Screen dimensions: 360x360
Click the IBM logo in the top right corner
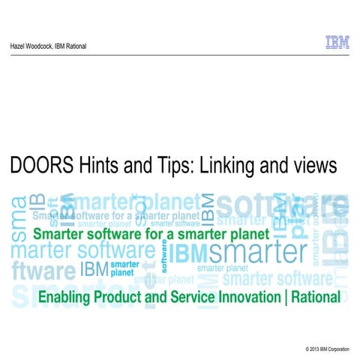coord(337,43)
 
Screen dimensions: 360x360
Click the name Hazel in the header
coord(17,46)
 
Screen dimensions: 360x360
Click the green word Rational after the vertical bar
coord(315,298)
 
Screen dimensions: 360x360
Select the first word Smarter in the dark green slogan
coord(61,233)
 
